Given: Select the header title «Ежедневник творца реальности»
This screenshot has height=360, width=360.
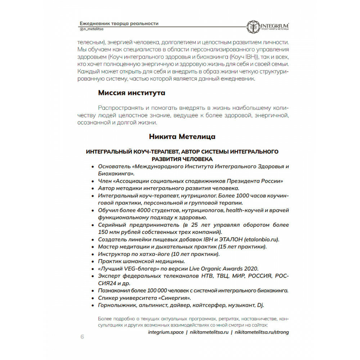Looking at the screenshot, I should [119, 23].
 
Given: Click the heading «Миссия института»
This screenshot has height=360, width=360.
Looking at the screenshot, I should [132, 93].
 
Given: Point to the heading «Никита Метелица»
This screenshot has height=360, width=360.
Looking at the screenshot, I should [182, 137].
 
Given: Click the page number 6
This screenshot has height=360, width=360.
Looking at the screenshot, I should [82, 337].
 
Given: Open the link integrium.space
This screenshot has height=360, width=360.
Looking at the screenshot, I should [166, 332].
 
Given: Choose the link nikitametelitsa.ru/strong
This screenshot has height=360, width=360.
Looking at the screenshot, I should [261, 332].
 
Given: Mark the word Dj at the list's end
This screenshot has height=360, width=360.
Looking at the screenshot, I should [260, 305].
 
